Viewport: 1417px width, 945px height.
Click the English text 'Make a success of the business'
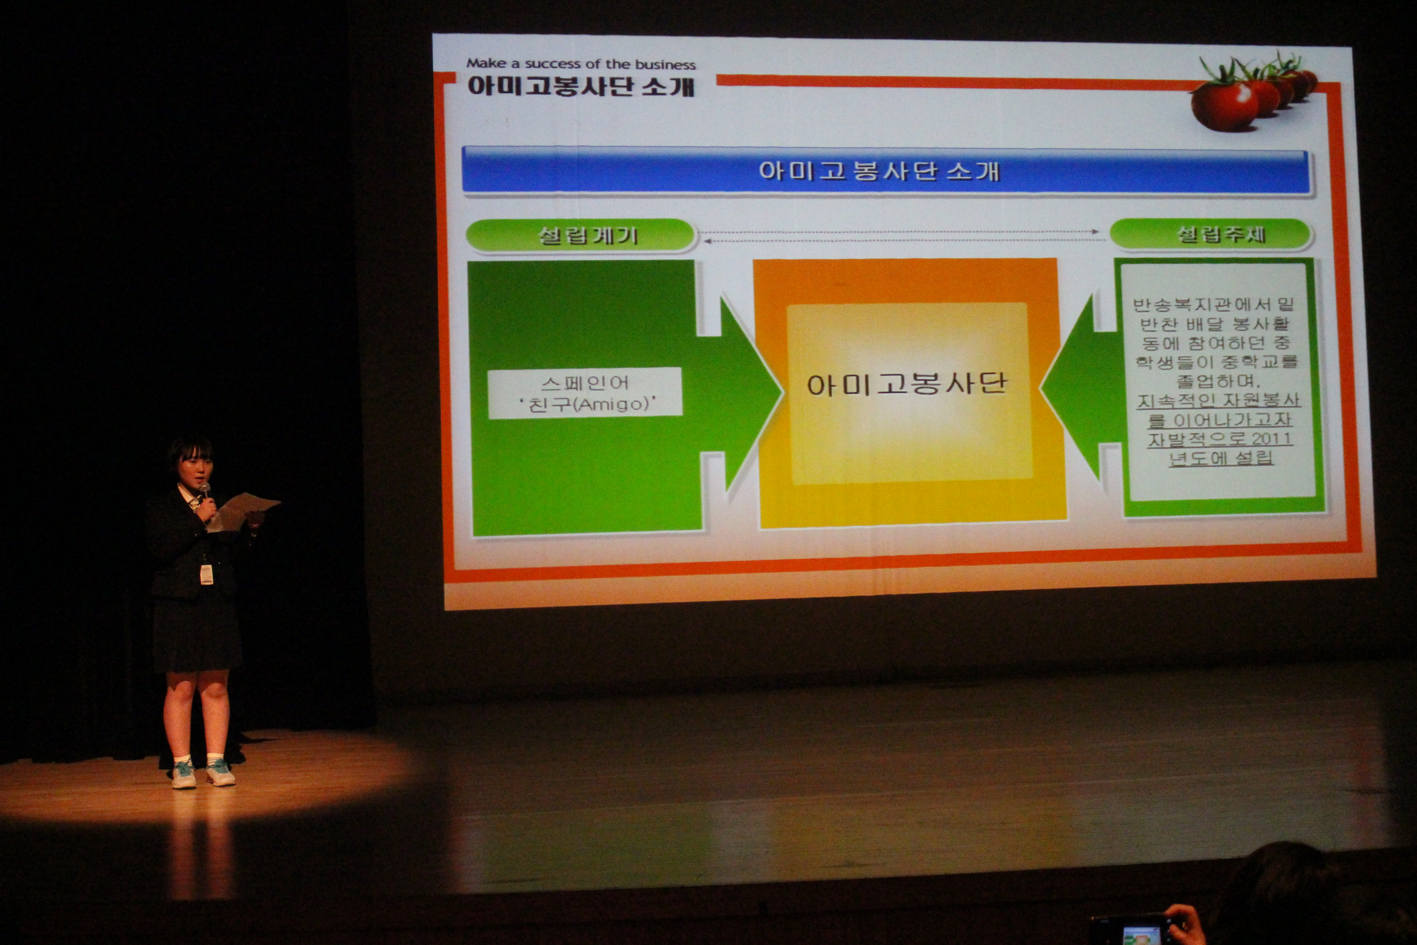tap(581, 64)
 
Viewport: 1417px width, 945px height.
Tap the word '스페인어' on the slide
tap(584, 382)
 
